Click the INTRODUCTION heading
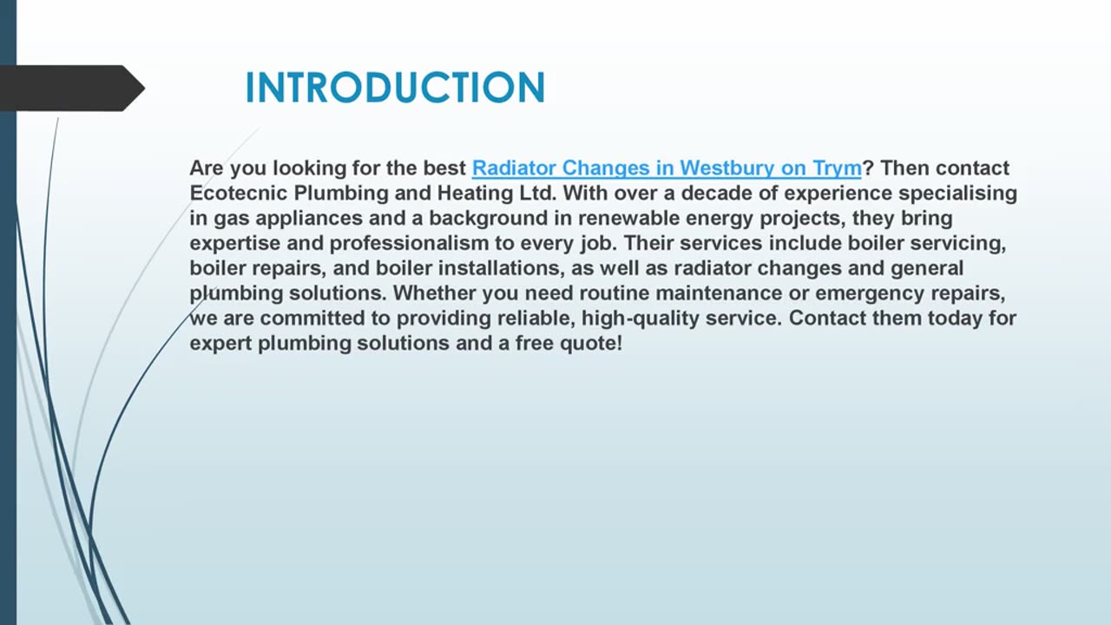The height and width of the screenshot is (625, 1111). click(395, 89)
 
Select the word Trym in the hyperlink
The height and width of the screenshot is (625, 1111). click(837, 168)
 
